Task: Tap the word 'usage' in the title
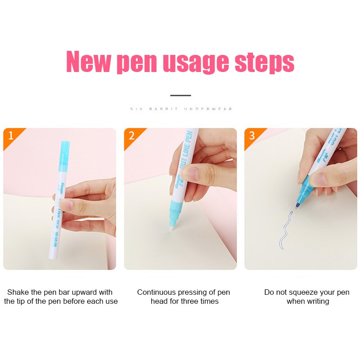[195, 63]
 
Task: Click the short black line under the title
[180, 95]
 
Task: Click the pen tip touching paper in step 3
[297, 206]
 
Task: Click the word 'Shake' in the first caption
[18, 292]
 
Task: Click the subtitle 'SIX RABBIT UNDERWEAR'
[180, 109]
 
